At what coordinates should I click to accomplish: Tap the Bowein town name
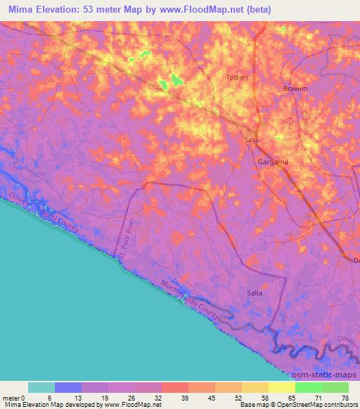(296, 89)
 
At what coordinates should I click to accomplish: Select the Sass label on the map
(251, 140)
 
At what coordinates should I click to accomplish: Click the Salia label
(255, 293)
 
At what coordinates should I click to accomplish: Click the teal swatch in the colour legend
(41, 387)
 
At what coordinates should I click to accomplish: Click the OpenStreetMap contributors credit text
(320, 405)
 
